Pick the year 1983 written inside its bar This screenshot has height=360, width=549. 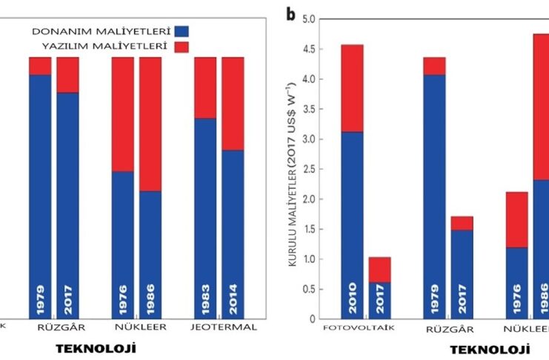click(x=205, y=294)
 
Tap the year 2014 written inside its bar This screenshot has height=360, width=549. click(x=233, y=294)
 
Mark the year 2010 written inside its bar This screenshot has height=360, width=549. click(x=352, y=294)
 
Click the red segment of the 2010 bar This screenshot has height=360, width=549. click(x=352, y=88)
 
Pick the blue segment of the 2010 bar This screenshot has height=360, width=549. click(x=352, y=215)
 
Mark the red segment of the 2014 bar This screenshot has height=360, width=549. click(x=233, y=103)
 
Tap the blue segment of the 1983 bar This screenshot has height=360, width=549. click(x=205, y=207)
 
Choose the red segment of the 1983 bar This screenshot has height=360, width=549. click(x=205, y=87)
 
